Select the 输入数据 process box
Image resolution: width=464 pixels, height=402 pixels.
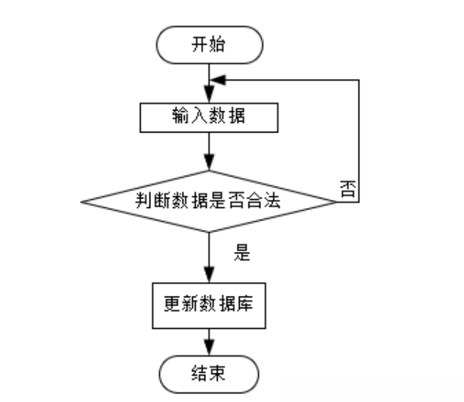(x=209, y=118)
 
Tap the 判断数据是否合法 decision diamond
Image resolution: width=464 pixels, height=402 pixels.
(x=209, y=201)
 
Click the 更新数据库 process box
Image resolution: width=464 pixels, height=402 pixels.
(x=209, y=303)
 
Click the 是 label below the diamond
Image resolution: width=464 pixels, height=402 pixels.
(x=243, y=253)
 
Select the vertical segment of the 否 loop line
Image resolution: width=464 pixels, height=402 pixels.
(x=359, y=139)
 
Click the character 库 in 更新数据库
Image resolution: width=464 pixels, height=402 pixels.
(x=246, y=303)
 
